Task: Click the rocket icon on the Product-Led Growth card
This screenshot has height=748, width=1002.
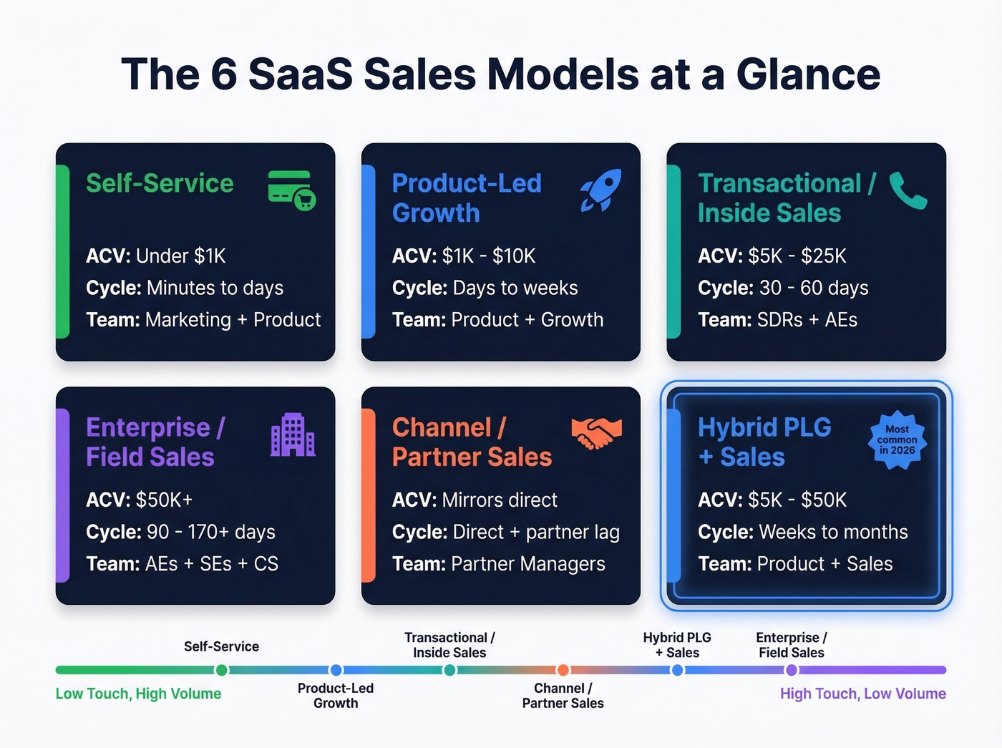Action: coord(600,190)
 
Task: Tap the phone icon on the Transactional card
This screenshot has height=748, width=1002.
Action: coord(908,190)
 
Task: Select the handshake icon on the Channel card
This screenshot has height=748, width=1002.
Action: coord(596,433)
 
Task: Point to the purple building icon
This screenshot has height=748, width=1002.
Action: coord(293,434)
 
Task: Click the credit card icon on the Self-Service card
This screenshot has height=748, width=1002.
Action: coord(291,190)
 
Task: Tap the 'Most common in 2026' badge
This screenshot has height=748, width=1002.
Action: coord(898,440)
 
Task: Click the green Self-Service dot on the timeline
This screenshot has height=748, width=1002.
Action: coord(222,670)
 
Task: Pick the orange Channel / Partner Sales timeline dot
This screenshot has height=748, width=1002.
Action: coord(563,670)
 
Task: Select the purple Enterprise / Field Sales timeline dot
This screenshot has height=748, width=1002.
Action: coord(791,670)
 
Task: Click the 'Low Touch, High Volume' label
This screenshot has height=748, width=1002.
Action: coord(138,694)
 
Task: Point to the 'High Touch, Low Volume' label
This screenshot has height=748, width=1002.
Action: coord(862,694)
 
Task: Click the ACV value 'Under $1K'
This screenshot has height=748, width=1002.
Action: coord(180,256)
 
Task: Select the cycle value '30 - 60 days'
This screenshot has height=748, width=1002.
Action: coord(813,288)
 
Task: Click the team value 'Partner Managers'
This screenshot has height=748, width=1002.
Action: coord(527,564)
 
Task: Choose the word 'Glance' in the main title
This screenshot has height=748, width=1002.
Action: coord(808,74)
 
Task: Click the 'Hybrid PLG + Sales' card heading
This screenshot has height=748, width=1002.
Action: coord(764,442)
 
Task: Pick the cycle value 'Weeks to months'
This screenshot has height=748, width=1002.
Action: coord(833,532)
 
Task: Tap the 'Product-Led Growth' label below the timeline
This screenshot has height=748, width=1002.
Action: coord(336,695)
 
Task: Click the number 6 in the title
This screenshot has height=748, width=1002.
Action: coord(223,74)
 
